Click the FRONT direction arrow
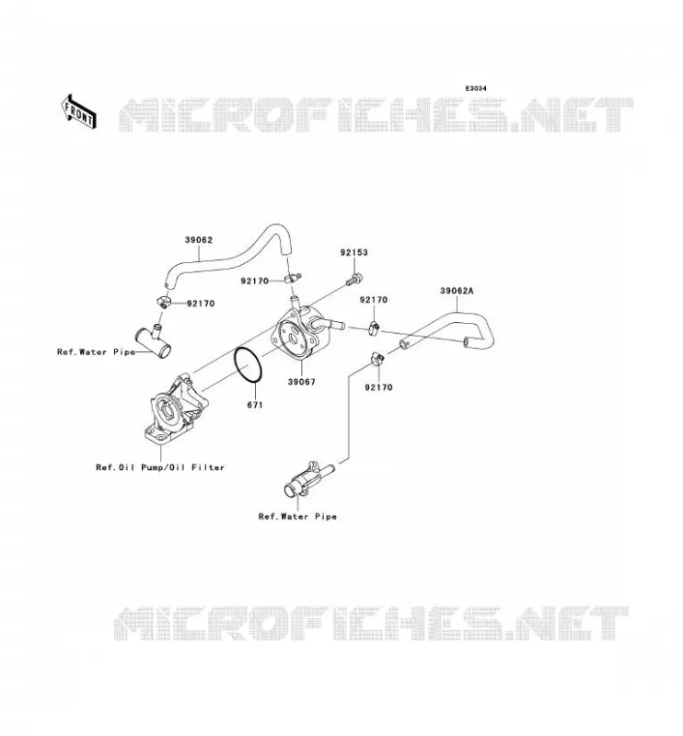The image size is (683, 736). click(79, 111)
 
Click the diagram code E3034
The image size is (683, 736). click(476, 88)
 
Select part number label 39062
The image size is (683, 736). click(198, 240)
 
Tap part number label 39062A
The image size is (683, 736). click(457, 291)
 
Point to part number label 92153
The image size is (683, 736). click(354, 252)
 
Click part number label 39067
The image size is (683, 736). click(302, 382)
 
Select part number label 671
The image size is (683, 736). click(255, 405)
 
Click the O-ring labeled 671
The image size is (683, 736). click(248, 364)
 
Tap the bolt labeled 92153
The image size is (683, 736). click(353, 280)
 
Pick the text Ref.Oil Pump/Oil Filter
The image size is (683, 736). click(160, 467)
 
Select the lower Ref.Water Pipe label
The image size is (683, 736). click(298, 517)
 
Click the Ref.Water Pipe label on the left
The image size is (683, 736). click(96, 352)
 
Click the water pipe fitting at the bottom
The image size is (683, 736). click(308, 478)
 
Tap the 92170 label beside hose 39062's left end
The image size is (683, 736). click(201, 304)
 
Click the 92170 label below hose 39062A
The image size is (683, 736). click(378, 387)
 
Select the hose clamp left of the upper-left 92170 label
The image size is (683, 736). click(162, 302)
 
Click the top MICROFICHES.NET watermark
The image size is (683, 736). click(376, 114)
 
